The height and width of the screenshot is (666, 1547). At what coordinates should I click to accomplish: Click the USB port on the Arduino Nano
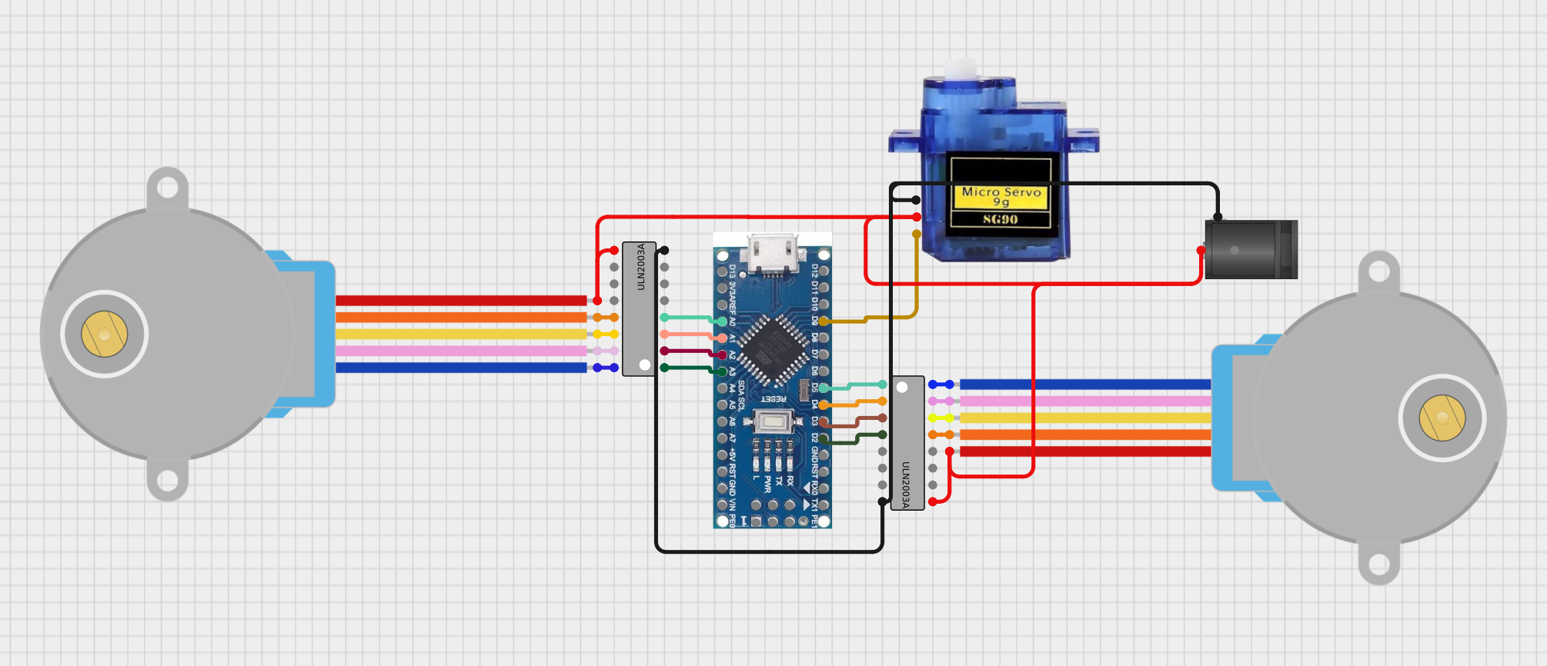click(772, 251)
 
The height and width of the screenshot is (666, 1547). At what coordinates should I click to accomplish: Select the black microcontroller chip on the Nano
click(770, 350)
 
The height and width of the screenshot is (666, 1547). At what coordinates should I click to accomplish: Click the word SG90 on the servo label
click(1000, 219)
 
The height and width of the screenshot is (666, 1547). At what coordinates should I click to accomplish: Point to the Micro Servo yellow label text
click(1001, 191)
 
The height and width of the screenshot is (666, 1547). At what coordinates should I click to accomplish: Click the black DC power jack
click(1250, 249)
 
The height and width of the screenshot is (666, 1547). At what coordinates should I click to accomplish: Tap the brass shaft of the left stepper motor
click(105, 334)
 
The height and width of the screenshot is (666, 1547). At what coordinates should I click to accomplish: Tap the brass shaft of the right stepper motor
click(1442, 418)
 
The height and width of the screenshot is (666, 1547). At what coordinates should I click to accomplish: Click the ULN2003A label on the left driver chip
click(640, 267)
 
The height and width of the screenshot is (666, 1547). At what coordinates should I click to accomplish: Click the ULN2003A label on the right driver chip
click(906, 485)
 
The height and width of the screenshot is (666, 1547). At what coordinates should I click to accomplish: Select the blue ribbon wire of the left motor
click(462, 368)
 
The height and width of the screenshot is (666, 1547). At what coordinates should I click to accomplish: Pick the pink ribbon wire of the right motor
click(1085, 401)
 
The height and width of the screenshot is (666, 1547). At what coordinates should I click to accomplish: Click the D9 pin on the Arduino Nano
click(824, 321)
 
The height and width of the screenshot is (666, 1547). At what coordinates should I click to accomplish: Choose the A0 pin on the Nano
click(722, 321)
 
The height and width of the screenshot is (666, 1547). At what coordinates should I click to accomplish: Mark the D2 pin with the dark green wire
click(824, 438)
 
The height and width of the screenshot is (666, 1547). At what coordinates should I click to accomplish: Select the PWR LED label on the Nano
click(767, 484)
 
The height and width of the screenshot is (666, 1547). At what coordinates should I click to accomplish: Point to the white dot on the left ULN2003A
click(645, 365)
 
